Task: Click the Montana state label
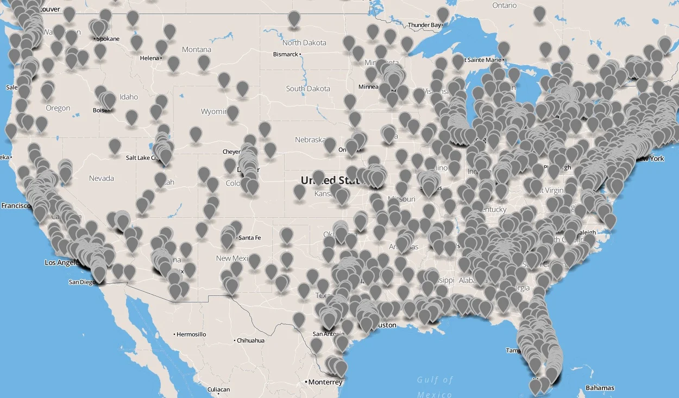(196, 49)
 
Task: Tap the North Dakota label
(304, 42)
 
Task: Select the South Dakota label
(307, 89)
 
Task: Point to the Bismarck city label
(286, 54)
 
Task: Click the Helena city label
(149, 58)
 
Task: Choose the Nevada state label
(102, 178)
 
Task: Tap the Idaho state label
(129, 97)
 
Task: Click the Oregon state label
(58, 108)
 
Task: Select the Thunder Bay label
(424, 25)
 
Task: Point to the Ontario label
(505, 5)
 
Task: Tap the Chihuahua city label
(250, 340)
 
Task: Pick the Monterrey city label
(325, 382)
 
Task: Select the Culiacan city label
(218, 389)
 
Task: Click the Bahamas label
(600, 388)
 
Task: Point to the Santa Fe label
(249, 238)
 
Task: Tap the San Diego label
(82, 282)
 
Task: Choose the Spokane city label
(108, 39)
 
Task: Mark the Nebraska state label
(310, 140)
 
